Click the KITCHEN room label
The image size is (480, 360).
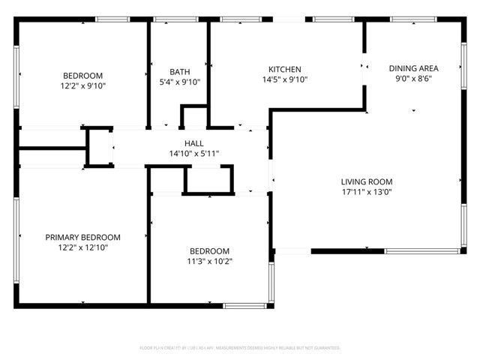coord(284,68)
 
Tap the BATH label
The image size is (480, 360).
coord(179,72)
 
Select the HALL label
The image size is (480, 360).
coord(193,143)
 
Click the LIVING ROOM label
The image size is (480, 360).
coord(367,181)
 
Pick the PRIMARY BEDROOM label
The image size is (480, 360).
coord(82,237)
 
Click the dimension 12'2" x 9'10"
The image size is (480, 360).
coord(82,86)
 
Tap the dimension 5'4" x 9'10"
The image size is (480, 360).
coord(179,82)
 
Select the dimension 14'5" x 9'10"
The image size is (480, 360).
coord(284,79)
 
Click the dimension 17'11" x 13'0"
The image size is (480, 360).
coord(367,192)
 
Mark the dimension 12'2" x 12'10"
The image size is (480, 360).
coord(82,247)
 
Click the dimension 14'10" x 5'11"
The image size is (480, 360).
coord(193,154)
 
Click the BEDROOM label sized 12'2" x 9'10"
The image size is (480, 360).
coord(82,76)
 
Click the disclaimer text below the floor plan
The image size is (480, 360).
coord(240,348)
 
